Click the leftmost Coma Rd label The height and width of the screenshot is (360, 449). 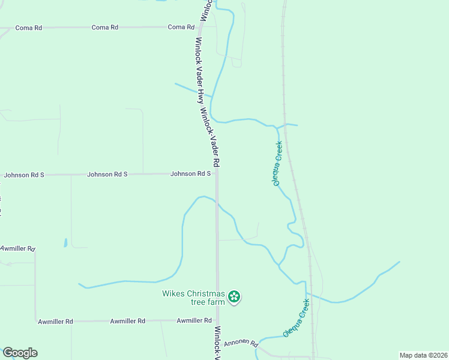pos(29,28)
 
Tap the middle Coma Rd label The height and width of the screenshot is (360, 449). pos(104,28)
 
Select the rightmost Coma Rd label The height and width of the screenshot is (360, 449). pos(181,27)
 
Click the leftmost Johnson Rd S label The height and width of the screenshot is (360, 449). pos(24,175)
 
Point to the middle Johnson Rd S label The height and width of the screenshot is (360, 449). pos(107,175)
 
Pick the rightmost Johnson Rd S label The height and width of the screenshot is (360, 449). pos(191,174)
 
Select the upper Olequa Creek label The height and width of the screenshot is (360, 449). pos(278,163)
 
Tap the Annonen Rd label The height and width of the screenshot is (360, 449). pos(241,344)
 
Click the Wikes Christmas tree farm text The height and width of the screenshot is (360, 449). pos(193,298)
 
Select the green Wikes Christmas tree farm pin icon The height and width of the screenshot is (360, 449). pos(235,296)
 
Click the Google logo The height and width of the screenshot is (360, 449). pos(20,353)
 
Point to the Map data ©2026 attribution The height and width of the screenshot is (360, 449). pos(423,355)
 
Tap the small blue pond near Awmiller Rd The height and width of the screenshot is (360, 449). pos(65,243)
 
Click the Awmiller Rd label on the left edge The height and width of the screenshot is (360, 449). pos(18,248)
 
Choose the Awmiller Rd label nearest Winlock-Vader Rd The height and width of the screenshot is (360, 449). pos(193,321)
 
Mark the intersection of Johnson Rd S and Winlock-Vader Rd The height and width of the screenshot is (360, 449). pos(217,174)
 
